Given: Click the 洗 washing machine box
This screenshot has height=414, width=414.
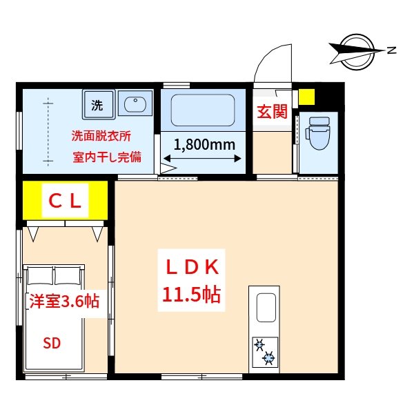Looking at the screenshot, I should (x=98, y=106).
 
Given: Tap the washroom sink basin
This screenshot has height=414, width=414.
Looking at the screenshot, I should (x=135, y=106).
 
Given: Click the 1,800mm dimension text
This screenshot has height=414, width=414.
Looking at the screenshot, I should (x=204, y=145).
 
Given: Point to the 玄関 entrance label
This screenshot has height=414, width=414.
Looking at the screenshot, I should (x=272, y=112).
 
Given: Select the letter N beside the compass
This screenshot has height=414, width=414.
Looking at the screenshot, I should (x=391, y=50).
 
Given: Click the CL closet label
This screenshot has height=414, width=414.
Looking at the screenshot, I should (x=66, y=201).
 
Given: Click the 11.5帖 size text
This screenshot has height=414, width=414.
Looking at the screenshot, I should (x=191, y=295).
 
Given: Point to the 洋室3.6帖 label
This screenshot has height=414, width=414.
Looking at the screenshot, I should (x=63, y=301).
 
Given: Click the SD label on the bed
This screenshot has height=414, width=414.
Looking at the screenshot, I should (x=52, y=344).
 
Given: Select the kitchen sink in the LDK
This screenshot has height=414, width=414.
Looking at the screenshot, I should (x=266, y=308).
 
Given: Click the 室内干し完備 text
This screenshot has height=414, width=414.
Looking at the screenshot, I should (x=107, y=157).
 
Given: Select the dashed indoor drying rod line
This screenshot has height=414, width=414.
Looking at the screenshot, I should (x=48, y=131).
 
